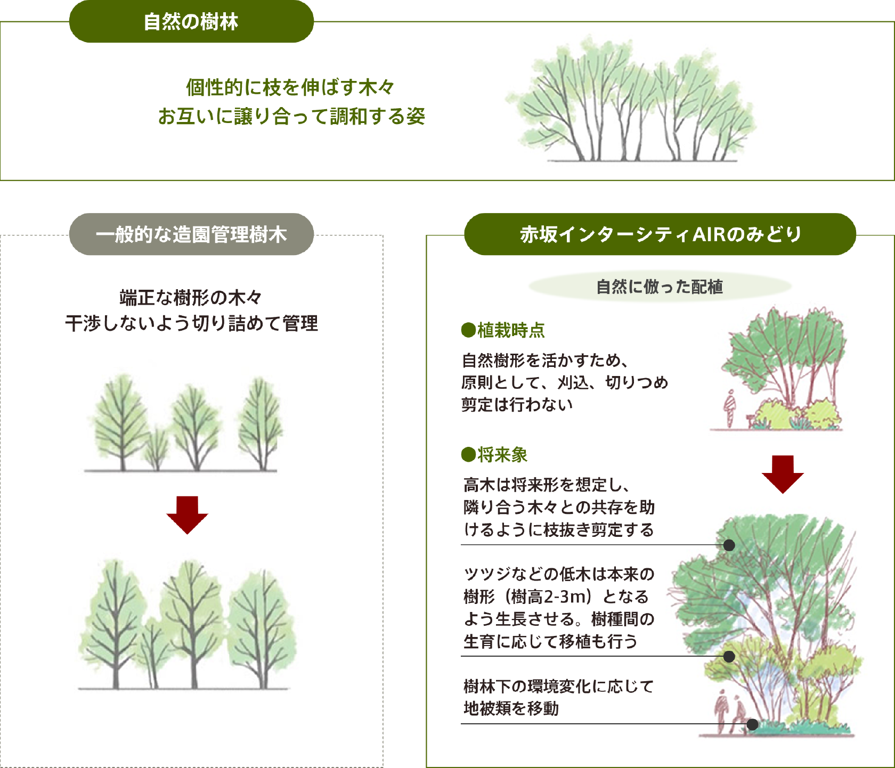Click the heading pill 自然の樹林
191,21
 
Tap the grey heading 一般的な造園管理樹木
191,234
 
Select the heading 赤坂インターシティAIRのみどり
660,234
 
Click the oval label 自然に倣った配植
660,287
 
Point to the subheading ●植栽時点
503,330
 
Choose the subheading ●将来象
494,454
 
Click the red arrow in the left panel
187,514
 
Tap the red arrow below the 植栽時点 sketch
783,474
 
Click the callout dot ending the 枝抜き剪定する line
729,545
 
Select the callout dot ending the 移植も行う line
729,656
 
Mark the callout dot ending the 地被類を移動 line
752,724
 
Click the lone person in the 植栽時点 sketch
729,408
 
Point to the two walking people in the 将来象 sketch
731,712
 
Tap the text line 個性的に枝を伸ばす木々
290,87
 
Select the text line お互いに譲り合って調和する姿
291,116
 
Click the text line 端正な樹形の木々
191,297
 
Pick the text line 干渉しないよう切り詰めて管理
191,323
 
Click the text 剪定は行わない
517,404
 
